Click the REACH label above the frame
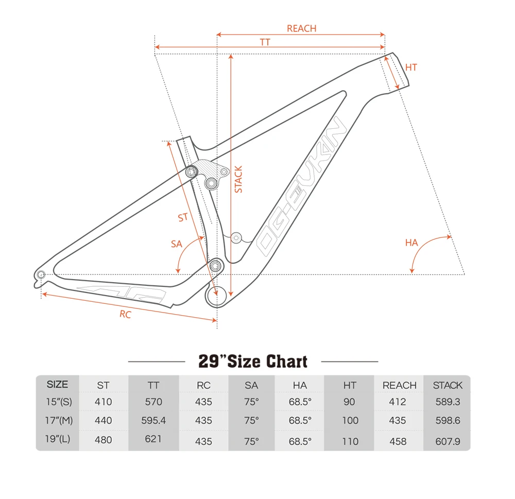click(301, 28)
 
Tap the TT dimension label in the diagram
click(265, 42)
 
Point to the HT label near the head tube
click(411, 67)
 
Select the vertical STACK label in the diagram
click(238, 179)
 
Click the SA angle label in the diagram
click(176, 244)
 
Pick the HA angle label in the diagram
click(411, 243)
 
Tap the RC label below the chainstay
click(125, 314)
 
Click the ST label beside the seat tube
click(183, 217)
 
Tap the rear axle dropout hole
click(41, 274)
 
